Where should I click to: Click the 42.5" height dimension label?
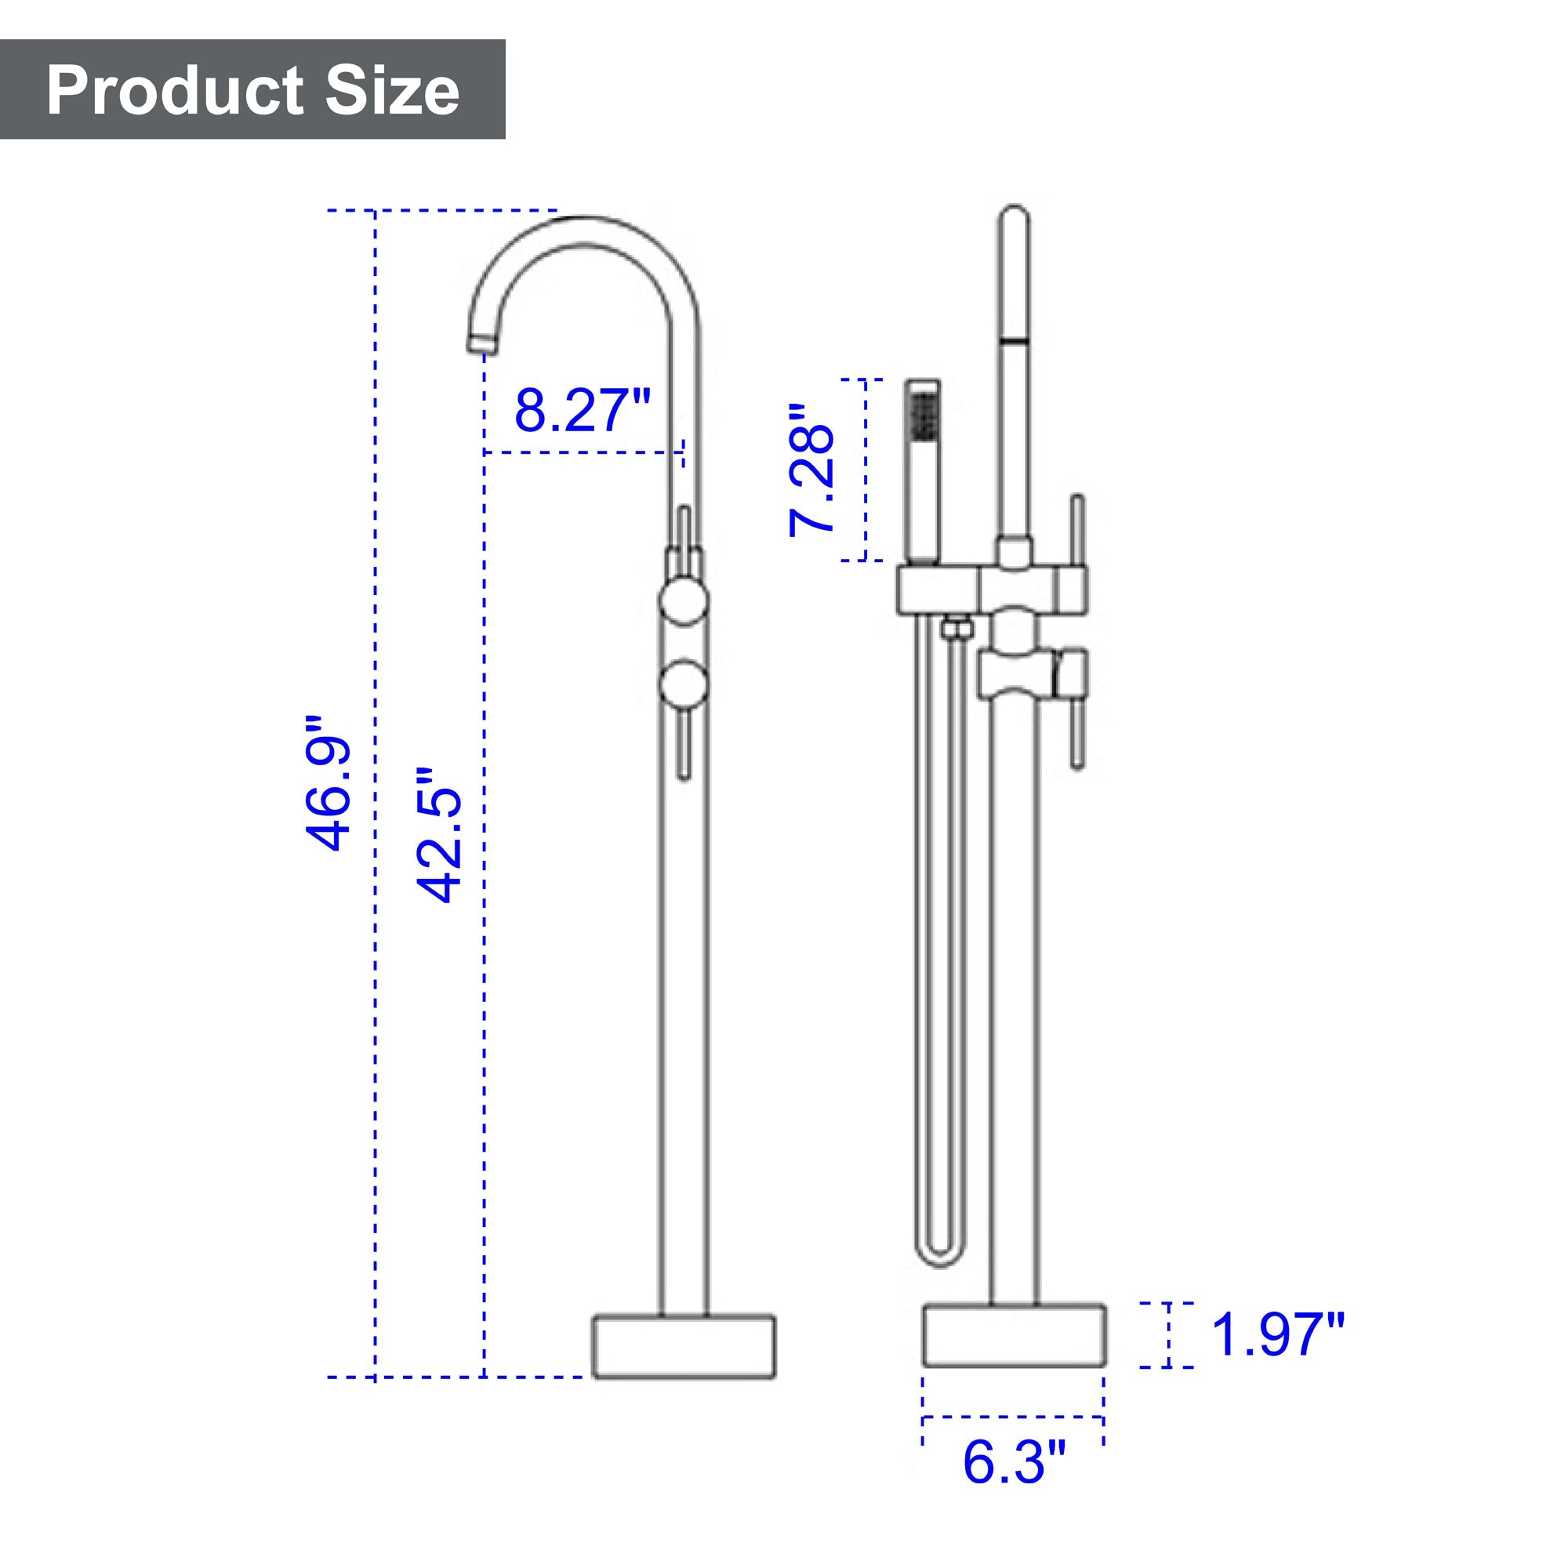coord(439,835)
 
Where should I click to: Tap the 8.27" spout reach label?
coord(583,411)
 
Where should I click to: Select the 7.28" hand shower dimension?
coord(811,469)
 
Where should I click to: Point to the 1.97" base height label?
coord(1277,1335)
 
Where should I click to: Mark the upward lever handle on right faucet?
coord(1078,532)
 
